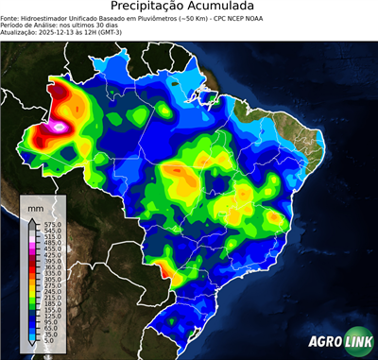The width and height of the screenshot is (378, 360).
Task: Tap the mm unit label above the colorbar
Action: [36, 207]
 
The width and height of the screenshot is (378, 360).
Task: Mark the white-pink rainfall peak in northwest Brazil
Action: [60, 125]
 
